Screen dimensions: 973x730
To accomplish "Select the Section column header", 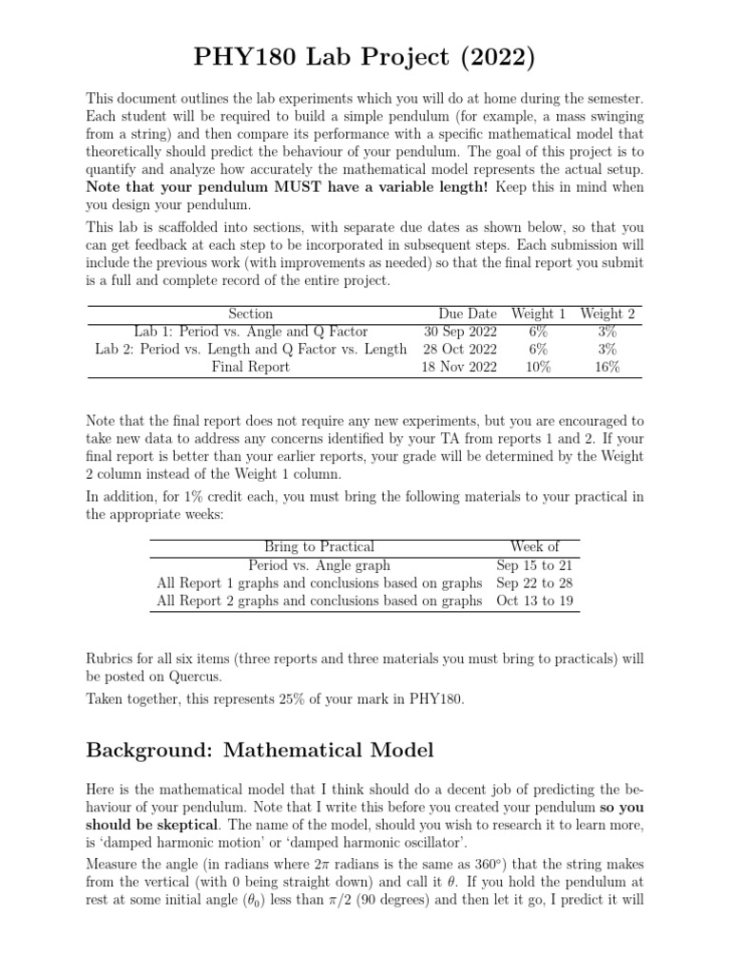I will click(251, 314).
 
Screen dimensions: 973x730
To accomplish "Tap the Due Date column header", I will click(467, 314).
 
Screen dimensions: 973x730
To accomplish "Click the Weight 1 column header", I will click(538, 314).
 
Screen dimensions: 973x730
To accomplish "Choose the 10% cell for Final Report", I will click(538, 367).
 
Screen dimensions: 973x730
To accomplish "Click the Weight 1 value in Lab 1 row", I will click(538, 332).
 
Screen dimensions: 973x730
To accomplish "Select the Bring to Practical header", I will click(318, 546).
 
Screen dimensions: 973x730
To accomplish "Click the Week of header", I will click(534, 546).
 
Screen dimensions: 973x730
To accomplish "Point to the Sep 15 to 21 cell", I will click(534, 564).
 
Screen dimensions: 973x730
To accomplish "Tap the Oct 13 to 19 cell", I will click(534, 601).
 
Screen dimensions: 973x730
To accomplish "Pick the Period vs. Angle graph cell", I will click(318, 564).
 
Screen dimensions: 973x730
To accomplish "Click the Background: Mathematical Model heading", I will click(259, 751).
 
